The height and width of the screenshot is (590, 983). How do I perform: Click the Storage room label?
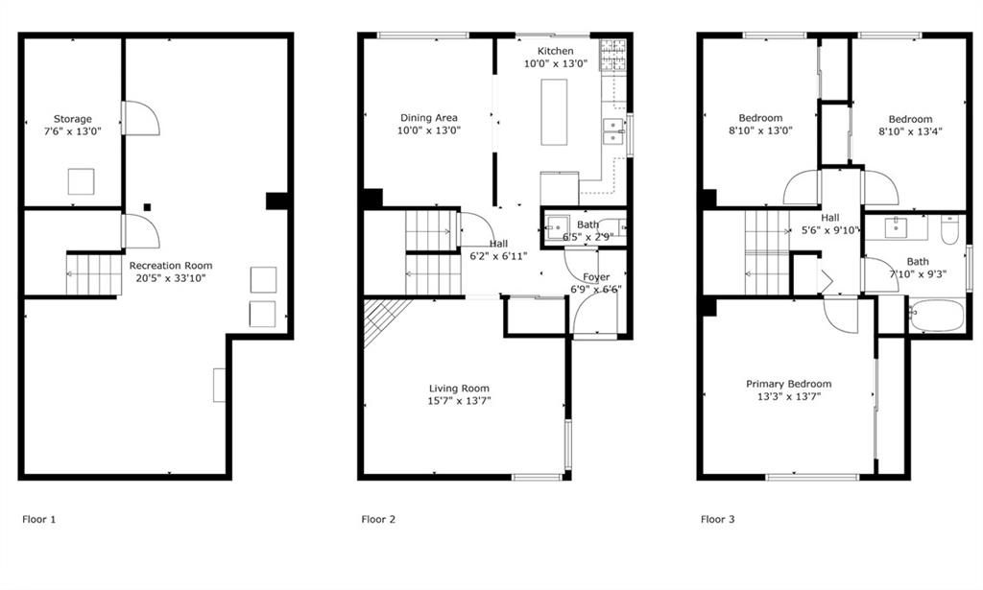[73, 119]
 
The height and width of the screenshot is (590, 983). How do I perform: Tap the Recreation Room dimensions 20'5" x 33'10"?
[171, 278]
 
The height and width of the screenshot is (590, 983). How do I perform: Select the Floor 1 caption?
[38, 519]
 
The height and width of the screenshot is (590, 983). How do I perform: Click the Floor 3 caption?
[718, 519]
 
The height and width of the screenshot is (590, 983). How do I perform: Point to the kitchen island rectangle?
[554, 112]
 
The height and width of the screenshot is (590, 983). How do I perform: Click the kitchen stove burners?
[612, 55]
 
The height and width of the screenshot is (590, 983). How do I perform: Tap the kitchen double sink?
[613, 131]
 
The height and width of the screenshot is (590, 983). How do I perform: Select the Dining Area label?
[429, 118]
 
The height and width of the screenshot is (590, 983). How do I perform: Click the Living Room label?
[459, 389]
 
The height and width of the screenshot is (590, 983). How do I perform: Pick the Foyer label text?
[596, 277]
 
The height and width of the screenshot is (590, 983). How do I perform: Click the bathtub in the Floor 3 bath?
[936, 316]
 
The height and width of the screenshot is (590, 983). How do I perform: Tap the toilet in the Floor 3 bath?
[949, 230]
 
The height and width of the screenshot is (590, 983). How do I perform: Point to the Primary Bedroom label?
[789, 384]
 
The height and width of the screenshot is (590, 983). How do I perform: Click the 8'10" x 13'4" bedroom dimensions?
[910, 131]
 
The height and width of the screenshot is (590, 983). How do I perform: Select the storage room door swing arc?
[143, 117]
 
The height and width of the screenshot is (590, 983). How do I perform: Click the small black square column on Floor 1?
[147, 207]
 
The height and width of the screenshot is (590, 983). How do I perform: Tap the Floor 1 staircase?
[94, 273]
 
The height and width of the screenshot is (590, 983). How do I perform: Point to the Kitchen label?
[556, 51]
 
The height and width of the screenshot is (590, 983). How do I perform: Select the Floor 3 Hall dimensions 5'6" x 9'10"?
[831, 230]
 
